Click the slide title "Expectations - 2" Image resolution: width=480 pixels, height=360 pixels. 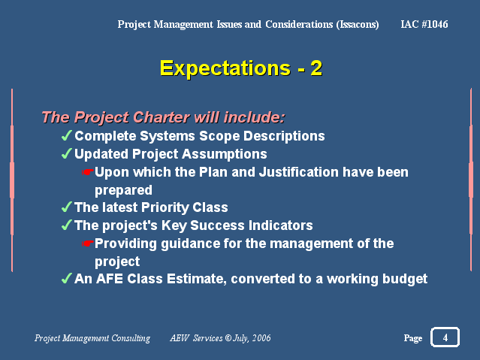click(x=241, y=68)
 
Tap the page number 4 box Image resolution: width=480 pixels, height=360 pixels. click(x=445, y=337)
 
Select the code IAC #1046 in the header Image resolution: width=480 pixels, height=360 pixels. click(x=424, y=24)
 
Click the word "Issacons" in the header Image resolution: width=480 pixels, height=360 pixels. click(x=358, y=25)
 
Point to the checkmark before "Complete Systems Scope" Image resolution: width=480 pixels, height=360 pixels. click(x=67, y=135)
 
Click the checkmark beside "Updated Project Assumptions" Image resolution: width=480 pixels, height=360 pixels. click(x=67, y=153)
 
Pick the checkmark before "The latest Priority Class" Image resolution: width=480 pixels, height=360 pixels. click(x=67, y=207)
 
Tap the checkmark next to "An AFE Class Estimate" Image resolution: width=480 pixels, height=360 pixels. click(x=67, y=279)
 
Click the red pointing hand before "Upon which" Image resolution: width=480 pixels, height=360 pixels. click(x=88, y=172)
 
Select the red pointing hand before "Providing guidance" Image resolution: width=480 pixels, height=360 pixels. click(x=88, y=244)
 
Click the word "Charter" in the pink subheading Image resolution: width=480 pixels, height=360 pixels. click(x=161, y=117)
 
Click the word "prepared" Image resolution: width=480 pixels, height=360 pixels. click(x=123, y=191)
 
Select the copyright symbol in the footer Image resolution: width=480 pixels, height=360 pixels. click(x=228, y=337)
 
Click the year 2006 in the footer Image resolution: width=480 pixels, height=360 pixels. click(x=261, y=337)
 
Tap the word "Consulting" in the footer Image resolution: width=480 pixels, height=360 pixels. click(x=131, y=338)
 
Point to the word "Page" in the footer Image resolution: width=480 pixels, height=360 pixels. click(x=413, y=338)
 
